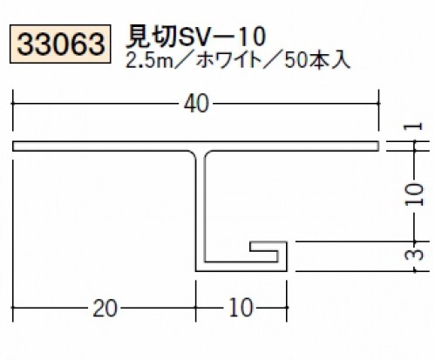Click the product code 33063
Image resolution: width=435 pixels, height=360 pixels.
tap(60, 44)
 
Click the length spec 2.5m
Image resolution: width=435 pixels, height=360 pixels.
tap(149, 61)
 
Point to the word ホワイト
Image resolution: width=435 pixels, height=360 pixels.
tap(228, 61)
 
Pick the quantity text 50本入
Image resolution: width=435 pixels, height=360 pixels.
tap(317, 61)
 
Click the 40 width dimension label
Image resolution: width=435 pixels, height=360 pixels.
tap(196, 104)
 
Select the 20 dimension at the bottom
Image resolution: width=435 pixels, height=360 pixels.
tap(105, 308)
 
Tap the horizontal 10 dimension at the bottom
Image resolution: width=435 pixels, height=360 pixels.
tap(241, 308)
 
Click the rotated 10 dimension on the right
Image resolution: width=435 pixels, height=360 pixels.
tap(414, 194)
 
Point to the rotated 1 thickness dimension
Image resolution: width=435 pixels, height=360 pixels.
tap(414, 126)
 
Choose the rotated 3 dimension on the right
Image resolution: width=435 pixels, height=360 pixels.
tap(414, 255)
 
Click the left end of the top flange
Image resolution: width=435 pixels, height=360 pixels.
tap(13, 146)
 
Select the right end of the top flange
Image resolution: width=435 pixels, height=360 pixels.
tap(378, 146)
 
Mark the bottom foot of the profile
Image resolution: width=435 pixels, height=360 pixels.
tap(241, 267)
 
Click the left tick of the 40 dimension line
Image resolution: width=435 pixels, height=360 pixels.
tap(13, 104)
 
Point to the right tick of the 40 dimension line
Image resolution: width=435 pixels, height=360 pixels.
tap(378, 104)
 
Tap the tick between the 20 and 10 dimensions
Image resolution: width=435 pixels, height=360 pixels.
tap(196, 308)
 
